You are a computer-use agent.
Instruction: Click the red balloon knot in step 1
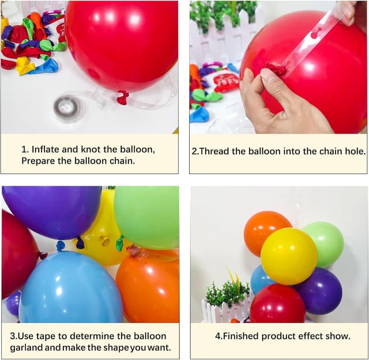122,97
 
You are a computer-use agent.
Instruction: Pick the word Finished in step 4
240,336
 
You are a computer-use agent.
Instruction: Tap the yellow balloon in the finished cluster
289,256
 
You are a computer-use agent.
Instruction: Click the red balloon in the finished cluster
277,304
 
